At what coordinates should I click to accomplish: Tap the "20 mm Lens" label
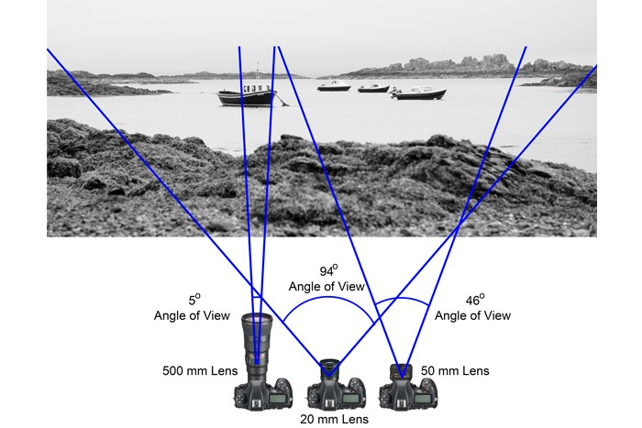point(335,419)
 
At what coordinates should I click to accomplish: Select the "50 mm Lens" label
point(455,371)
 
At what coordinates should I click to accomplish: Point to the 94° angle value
point(326,272)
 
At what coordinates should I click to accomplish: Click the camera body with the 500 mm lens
point(263,393)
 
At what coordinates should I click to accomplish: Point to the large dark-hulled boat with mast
point(246,96)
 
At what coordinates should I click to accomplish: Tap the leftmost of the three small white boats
point(334,87)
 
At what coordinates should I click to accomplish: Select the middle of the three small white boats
point(373,88)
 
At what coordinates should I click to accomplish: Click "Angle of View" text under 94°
point(326,287)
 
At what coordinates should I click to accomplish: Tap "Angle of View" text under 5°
point(192,315)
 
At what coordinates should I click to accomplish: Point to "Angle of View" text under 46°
point(472,315)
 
